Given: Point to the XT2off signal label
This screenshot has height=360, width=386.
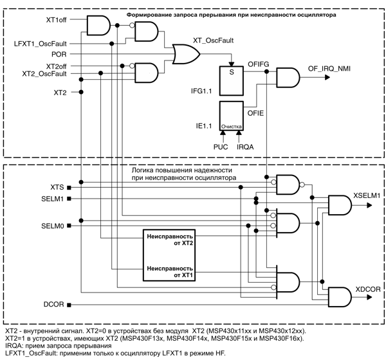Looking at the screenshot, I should click(56, 66).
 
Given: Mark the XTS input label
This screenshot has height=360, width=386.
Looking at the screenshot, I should click(56, 186).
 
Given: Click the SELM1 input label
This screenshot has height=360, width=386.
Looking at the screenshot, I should click(51, 199).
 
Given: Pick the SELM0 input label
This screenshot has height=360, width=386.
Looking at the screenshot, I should click(51, 226).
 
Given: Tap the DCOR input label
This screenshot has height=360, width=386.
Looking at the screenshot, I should click(54, 303).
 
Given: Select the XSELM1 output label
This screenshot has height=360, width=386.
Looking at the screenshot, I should click(367, 194).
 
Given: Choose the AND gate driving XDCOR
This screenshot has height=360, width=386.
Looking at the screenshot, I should click(340, 296).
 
